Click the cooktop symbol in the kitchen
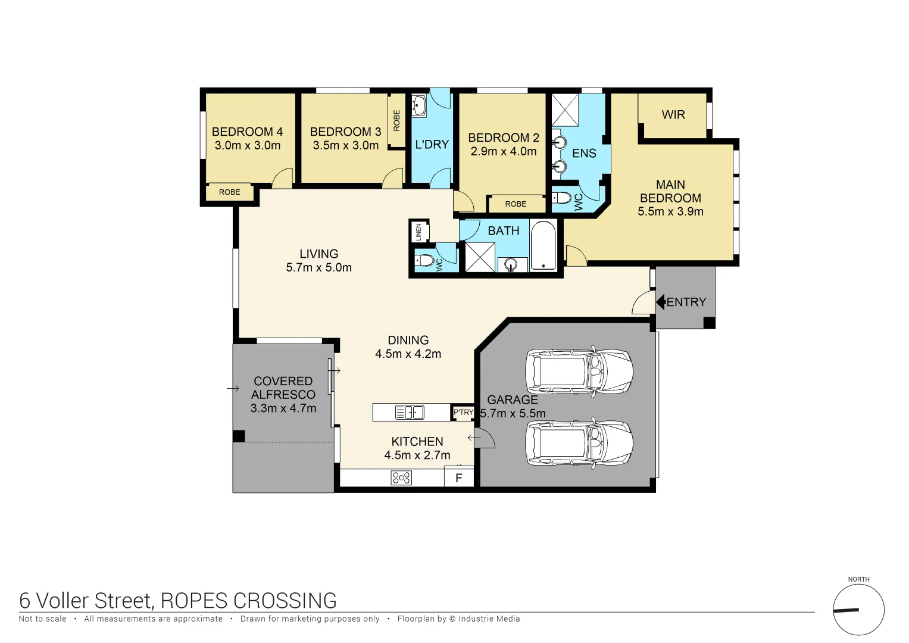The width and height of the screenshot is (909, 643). (401, 477)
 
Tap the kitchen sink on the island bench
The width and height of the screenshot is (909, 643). (410, 412)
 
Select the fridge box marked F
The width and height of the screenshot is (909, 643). (459, 477)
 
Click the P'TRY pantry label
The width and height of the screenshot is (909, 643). (463, 412)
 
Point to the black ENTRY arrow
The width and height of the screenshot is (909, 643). (660, 302)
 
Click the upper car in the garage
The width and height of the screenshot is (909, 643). (579, 372)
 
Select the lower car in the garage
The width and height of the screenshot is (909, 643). (579, 444)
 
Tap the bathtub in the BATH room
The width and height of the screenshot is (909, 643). (543, 246)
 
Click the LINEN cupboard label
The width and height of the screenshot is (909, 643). (418, 232)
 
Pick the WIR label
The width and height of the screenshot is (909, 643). (673, 114)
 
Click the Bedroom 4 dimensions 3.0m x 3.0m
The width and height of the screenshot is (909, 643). (247, 145)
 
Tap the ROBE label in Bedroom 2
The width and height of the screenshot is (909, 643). (516, 204)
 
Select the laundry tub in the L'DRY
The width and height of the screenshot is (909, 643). (419, 105)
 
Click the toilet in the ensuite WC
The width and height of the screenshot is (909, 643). (561, 198)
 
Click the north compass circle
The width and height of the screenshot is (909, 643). (858, 610)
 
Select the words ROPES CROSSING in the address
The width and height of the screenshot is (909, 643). (249, 601)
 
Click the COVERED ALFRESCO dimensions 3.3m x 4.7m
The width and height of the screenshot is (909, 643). (283, 408)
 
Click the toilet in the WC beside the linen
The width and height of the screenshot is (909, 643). (425, 260)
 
